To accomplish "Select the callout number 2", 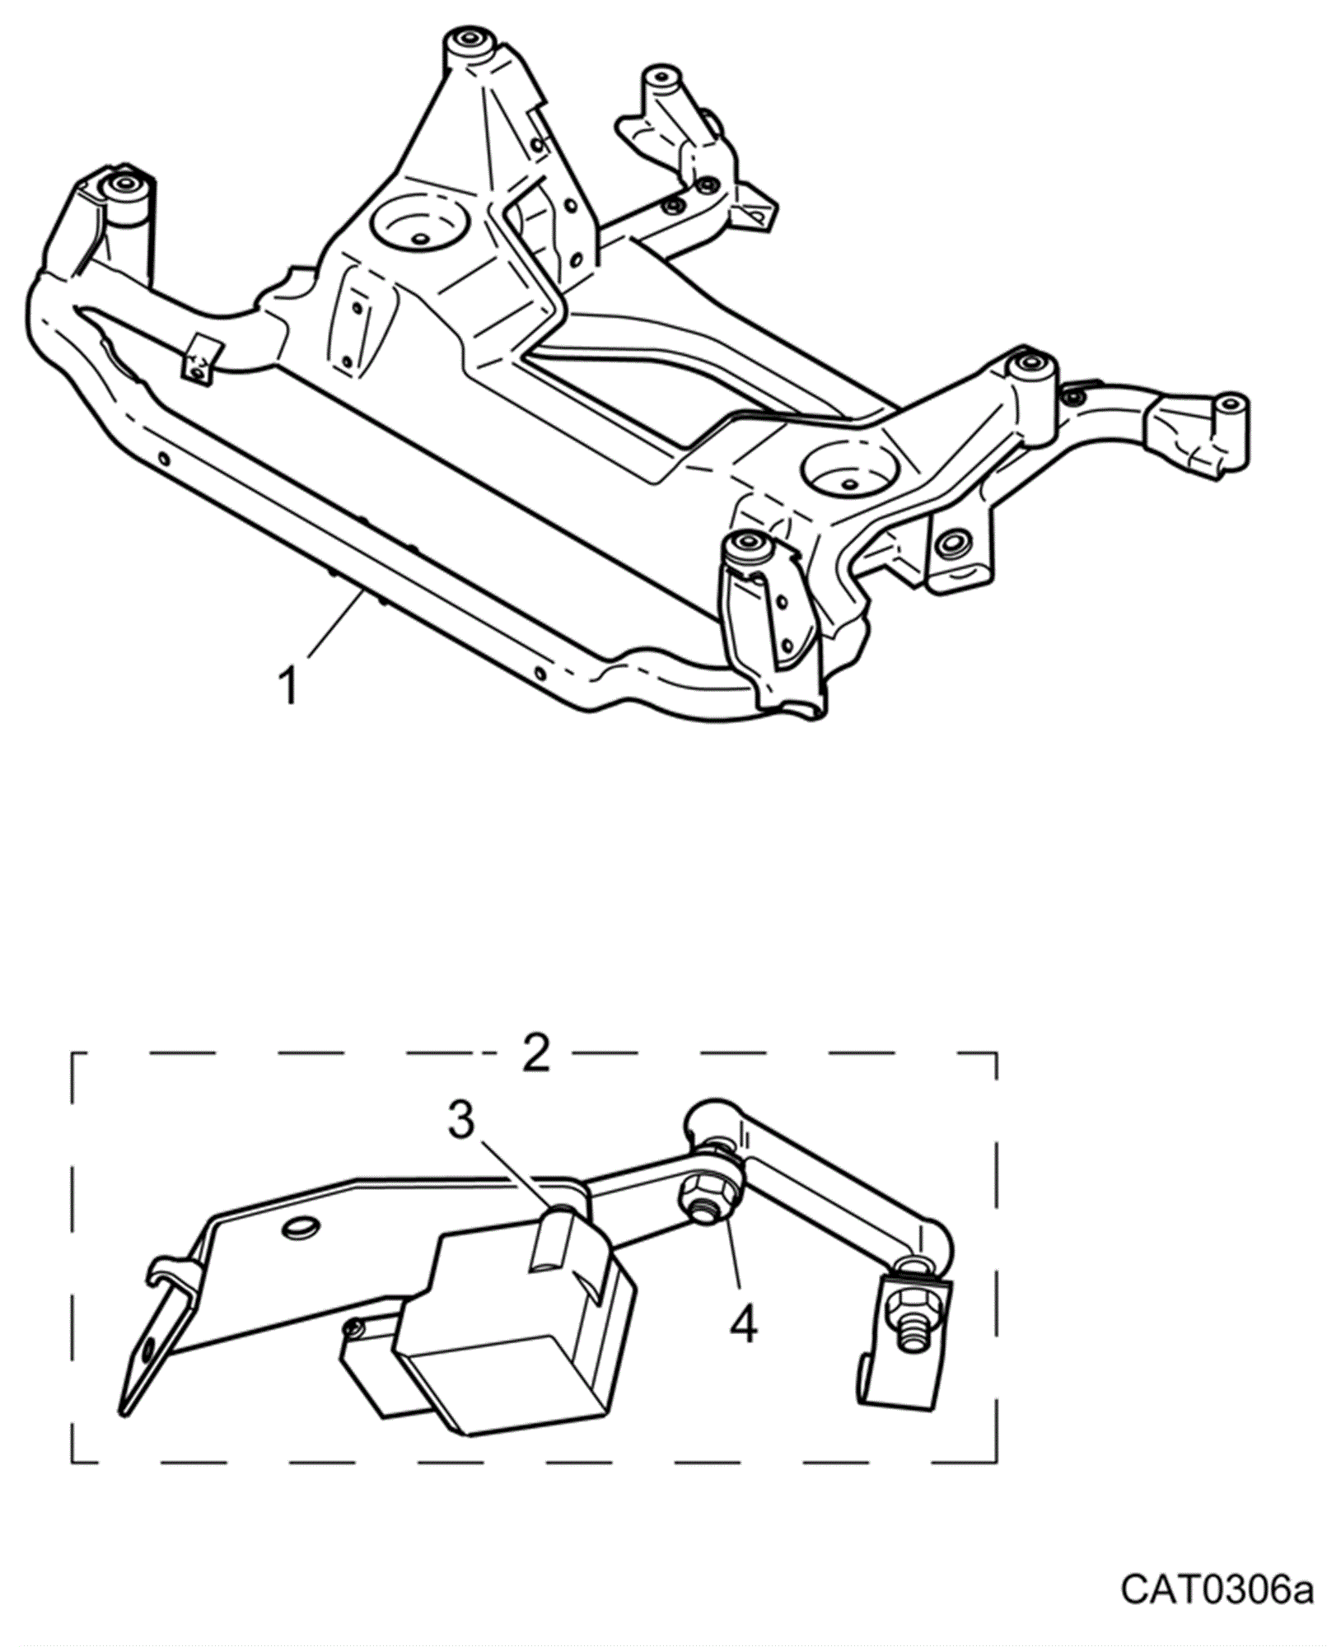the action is tap(535, 1052).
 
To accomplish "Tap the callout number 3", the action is tap(461, 1120).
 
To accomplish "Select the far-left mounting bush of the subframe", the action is tap(125, 183).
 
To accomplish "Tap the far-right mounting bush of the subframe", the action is tap(1229, 405).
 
